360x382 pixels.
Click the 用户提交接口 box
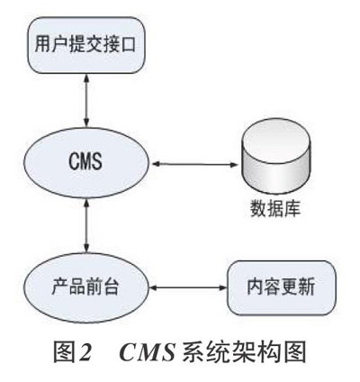(x=86, y=45)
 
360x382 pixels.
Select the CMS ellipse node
(x=86, y=163)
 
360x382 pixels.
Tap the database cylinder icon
(x=275, y=156)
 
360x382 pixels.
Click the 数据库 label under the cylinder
(x=275, y=208)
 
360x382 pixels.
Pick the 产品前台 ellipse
(x=86, y=287)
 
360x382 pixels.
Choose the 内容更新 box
(x=282, y=287)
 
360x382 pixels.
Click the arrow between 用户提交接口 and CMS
(x=86, y=100)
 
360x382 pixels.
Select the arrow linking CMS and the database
(x=195, y=164)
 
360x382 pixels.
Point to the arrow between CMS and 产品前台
(x=86, y=226)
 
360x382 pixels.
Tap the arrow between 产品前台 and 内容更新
(x=188, y=287)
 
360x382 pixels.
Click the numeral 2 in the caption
(x=85, y=351)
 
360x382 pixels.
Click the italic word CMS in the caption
(x=148, y=351)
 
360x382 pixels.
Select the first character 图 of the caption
(x=64, y=351)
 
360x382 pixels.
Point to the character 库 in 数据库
(x=292, y=208)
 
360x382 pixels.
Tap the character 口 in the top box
(x=129, y=44)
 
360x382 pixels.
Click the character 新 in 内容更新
(x=307, y=287)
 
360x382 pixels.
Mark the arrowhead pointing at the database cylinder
(x=234, y=164)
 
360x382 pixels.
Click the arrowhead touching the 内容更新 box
(x=223, y=287)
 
